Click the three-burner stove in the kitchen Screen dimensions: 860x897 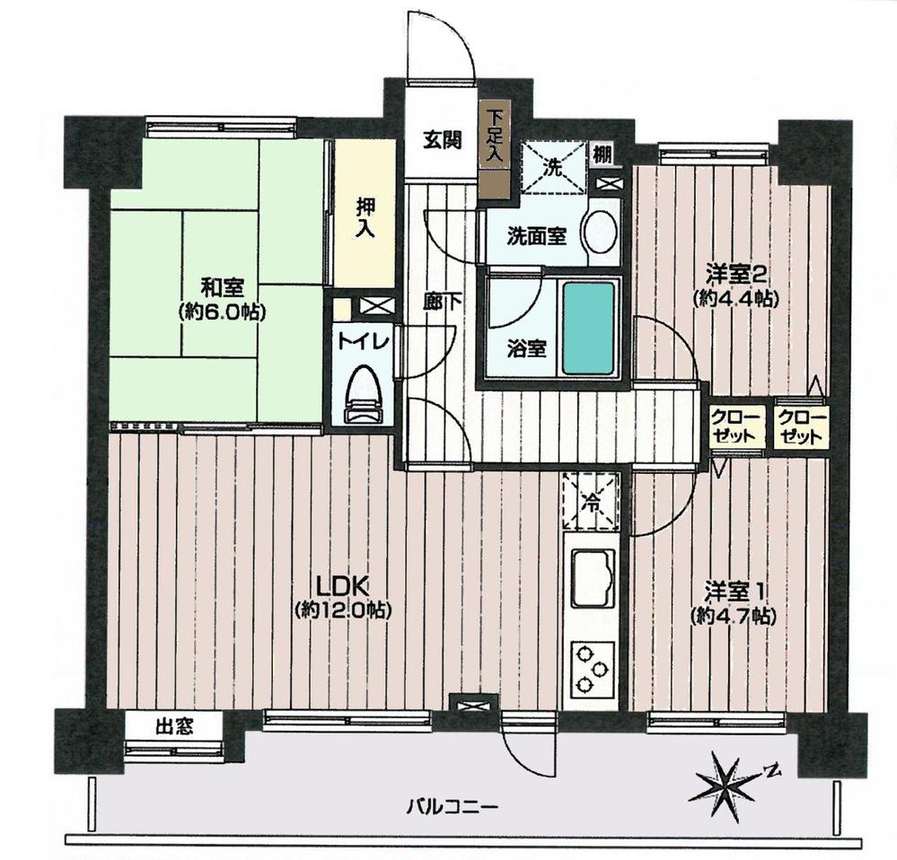(589, 669)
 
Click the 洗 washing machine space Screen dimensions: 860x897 (554, 167)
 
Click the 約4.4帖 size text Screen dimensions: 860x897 (735, 299)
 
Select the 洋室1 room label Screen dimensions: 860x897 (734, 592)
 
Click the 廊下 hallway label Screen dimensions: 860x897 (443, 303)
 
